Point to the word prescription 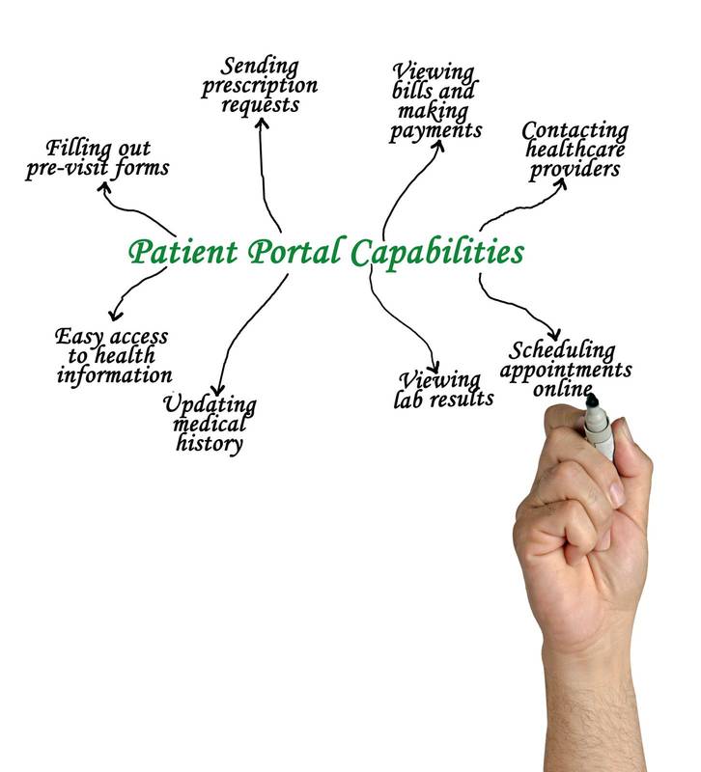tap(259, 86)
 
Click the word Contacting tap(575, 130)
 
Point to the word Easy tap(78, 337)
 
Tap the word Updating tap(210, 403)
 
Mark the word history tap(210, 443)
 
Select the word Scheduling tap(562, 349)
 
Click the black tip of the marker tap(592, 399)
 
